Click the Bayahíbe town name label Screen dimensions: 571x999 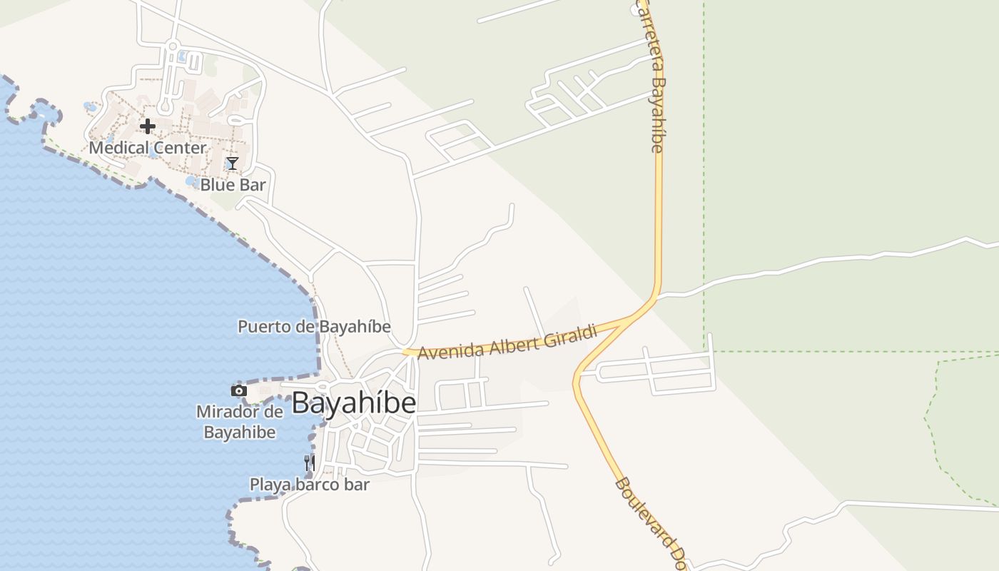point(354,403)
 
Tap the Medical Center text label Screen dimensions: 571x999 point(148,148)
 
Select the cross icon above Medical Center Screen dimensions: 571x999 point(148,126)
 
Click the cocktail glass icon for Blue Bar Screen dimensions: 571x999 point(233,163)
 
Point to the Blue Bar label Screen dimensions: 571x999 point(233,185)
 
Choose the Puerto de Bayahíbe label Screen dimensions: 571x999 point(314,327)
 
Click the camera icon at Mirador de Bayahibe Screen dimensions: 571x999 point(239,390)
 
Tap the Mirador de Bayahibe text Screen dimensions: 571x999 point(240,422)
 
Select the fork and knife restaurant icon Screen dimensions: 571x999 point(310,463)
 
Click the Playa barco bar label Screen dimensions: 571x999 point(309,485)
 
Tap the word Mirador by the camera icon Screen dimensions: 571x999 point(228,412)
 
